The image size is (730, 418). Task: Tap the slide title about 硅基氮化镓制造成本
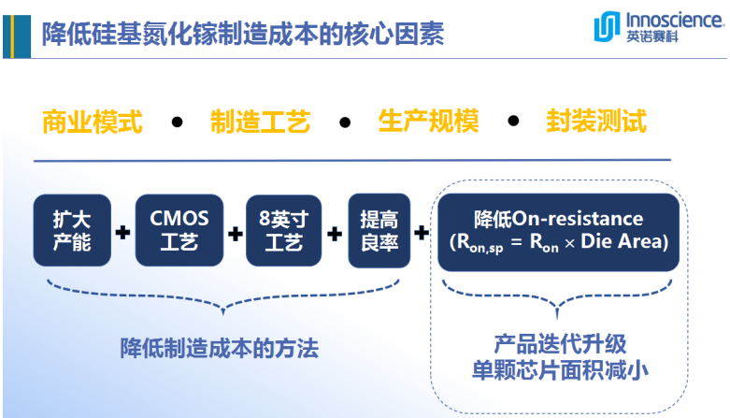(243, 34)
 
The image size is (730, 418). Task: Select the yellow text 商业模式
(93, 122)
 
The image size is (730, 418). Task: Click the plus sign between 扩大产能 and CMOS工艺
(122, 232)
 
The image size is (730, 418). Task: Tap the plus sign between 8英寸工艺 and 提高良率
(334, 232)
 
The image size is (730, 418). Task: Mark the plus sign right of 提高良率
(422, 232)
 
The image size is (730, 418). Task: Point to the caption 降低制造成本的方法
(219, 349)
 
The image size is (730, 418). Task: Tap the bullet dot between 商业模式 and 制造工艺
(177, 123)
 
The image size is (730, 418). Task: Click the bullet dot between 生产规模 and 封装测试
(512, 123)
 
